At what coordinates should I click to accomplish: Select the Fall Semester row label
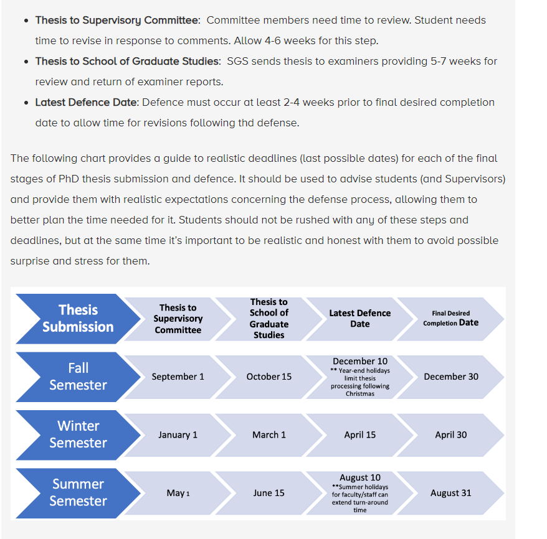click(78, 377)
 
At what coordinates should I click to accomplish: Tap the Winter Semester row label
click(78, 434)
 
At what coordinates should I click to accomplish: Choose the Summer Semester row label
click(78, 492)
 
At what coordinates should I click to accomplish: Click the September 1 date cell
click(178, 377)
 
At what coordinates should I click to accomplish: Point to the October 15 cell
click(269, 377)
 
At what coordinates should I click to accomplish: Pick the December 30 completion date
click(451, 377)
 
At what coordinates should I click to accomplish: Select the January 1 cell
click(178, 434)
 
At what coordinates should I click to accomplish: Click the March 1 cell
click(269, 434)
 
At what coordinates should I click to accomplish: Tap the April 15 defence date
click(359, 434)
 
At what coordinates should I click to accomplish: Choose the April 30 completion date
click(451, 434)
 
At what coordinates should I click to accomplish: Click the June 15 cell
click(269, 493)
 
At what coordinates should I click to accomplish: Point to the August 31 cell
click(451, 493)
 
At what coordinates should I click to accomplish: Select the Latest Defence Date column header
click(359, 318)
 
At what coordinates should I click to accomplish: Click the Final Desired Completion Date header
click(451, 318)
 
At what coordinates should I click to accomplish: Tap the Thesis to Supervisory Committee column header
click(178, 318)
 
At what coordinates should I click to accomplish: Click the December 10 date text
click(359, 361)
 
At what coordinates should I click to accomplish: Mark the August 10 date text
click(359, 477)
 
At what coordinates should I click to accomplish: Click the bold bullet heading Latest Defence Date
click(86, 102)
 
